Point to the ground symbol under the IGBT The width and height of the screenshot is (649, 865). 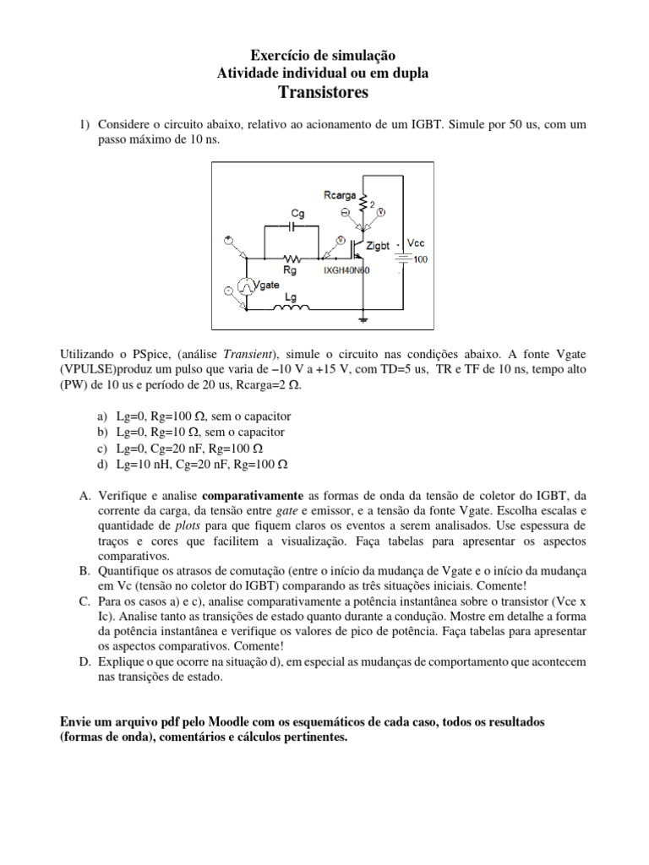(364, 319)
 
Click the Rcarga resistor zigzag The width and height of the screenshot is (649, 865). (364, 204)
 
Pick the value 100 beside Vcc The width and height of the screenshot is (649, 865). (420, 259)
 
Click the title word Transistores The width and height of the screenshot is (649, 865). (324, 92)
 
